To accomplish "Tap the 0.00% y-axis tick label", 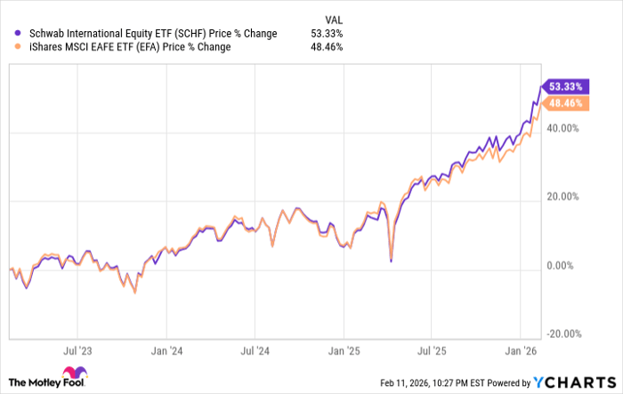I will (564, 266).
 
